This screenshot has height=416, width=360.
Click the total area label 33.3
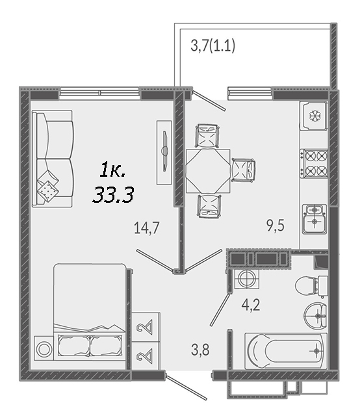[113, 194]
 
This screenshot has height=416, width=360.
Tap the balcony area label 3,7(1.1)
[212, 45]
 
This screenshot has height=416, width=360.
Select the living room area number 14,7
[147, 228]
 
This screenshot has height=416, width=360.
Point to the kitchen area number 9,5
[276, 226]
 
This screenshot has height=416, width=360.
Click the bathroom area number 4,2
[251, 305]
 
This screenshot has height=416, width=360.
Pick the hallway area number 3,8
[200, 350]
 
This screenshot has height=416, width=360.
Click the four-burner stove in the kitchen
[314, 163]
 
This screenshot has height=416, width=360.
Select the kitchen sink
[315, 219]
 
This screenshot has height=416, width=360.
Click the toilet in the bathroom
[311, 286]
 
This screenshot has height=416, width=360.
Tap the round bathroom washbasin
[316, 316]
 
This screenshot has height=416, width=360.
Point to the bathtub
[286, 351]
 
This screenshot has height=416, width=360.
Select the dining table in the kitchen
[208, 171]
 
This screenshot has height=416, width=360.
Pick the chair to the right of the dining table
[244, 170]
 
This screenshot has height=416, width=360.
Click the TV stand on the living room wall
[164, 152]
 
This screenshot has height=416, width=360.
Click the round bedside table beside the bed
[44, 350]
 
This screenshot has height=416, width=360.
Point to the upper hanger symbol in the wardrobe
[145, 327]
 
